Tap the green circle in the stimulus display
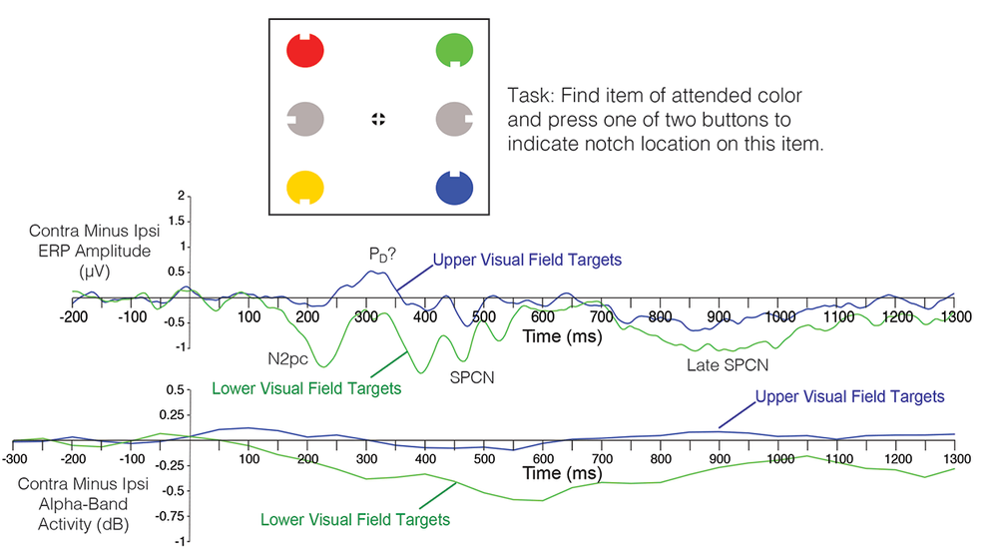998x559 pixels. pos(454,50)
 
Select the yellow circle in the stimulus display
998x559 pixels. pos(302,187)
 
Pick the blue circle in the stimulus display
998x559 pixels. pos(454,187)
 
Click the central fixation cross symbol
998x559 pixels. pos(378,119)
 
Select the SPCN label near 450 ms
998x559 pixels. pos(472,378)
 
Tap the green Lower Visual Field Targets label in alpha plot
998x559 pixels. pos(354,519)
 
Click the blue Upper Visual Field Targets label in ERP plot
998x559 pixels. pos(527,260)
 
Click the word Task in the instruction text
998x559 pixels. pos(529,95)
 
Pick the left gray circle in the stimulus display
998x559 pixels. pos(302,119)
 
